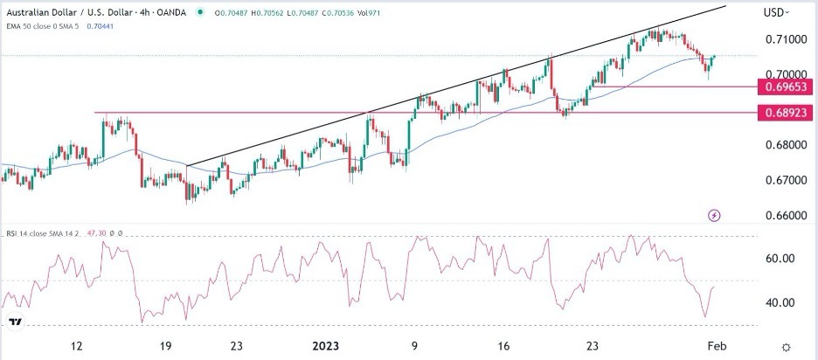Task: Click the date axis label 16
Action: click(x=504, y=345)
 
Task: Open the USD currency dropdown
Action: click(x=777, y=12)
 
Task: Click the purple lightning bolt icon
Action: click(x=715, y=215)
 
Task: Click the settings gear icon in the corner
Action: click(x=787, y=347)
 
